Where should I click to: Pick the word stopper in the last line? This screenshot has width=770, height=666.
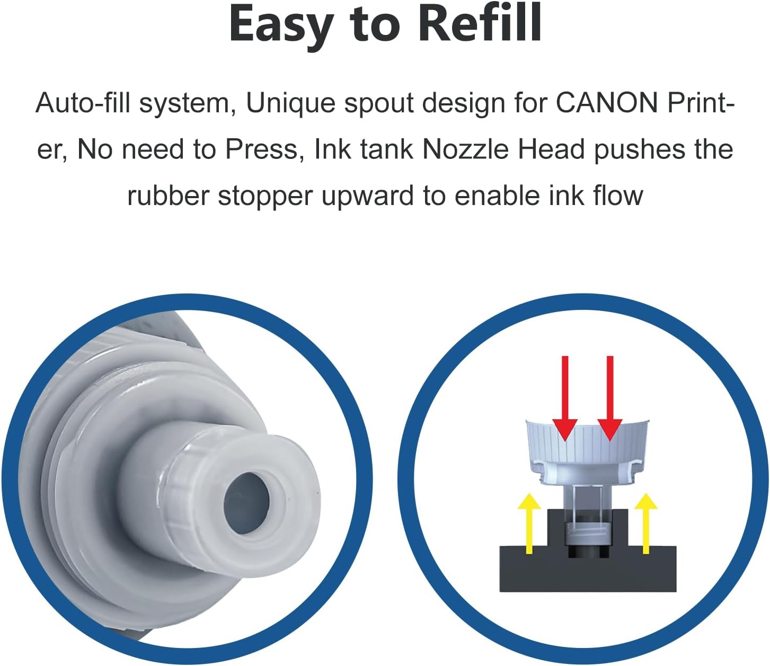[265, 197]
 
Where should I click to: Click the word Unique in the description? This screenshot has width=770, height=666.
[290, 103]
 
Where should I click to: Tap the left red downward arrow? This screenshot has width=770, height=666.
[565, 398]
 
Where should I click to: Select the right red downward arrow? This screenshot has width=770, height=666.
[610, 398]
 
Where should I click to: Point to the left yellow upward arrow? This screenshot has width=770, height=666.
[529, 523]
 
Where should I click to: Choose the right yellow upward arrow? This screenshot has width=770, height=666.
[646, 523]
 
